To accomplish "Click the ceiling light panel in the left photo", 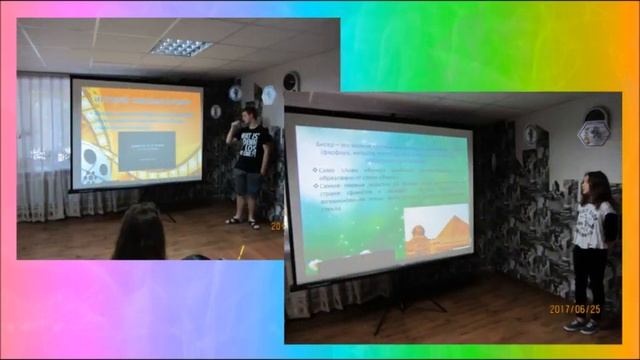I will coord(181,46).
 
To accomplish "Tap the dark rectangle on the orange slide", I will coord(146,148).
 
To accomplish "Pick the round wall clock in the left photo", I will coord(291,80).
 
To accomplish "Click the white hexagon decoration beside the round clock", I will coord(268,94).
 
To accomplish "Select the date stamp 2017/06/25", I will coord(574,309).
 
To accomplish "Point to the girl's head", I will coord(596,186).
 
